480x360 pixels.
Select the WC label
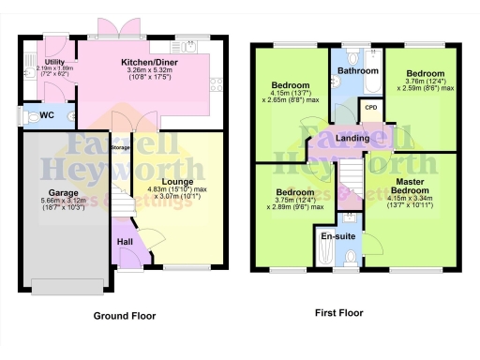click(x=46, y=116)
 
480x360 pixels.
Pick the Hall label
click(x=125, y=241)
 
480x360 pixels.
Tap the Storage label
click(x=120, y=148)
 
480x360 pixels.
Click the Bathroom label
click(x=358, y=70)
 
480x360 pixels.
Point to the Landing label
click(x=352, y=139)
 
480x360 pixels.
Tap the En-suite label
click(x=338, y=236)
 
